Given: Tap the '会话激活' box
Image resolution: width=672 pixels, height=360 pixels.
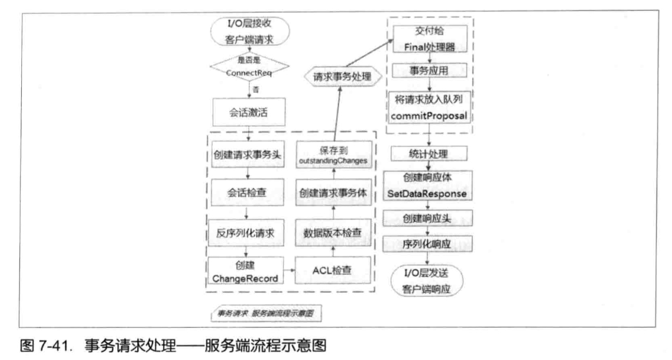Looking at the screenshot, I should [248, 113].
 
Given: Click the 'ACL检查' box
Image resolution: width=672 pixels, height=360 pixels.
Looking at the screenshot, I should [334, 271].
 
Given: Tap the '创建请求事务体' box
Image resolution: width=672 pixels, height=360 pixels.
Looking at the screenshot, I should [334, 193].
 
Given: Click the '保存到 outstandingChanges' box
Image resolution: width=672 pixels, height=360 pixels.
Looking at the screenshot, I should [334, 154].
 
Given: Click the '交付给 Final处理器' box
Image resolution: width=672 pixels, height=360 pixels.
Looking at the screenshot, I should [429, 38].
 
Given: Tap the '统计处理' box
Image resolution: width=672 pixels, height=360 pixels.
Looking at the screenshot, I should [429, 153].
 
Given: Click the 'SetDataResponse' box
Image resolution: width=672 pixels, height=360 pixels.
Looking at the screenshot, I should [429, 185].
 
